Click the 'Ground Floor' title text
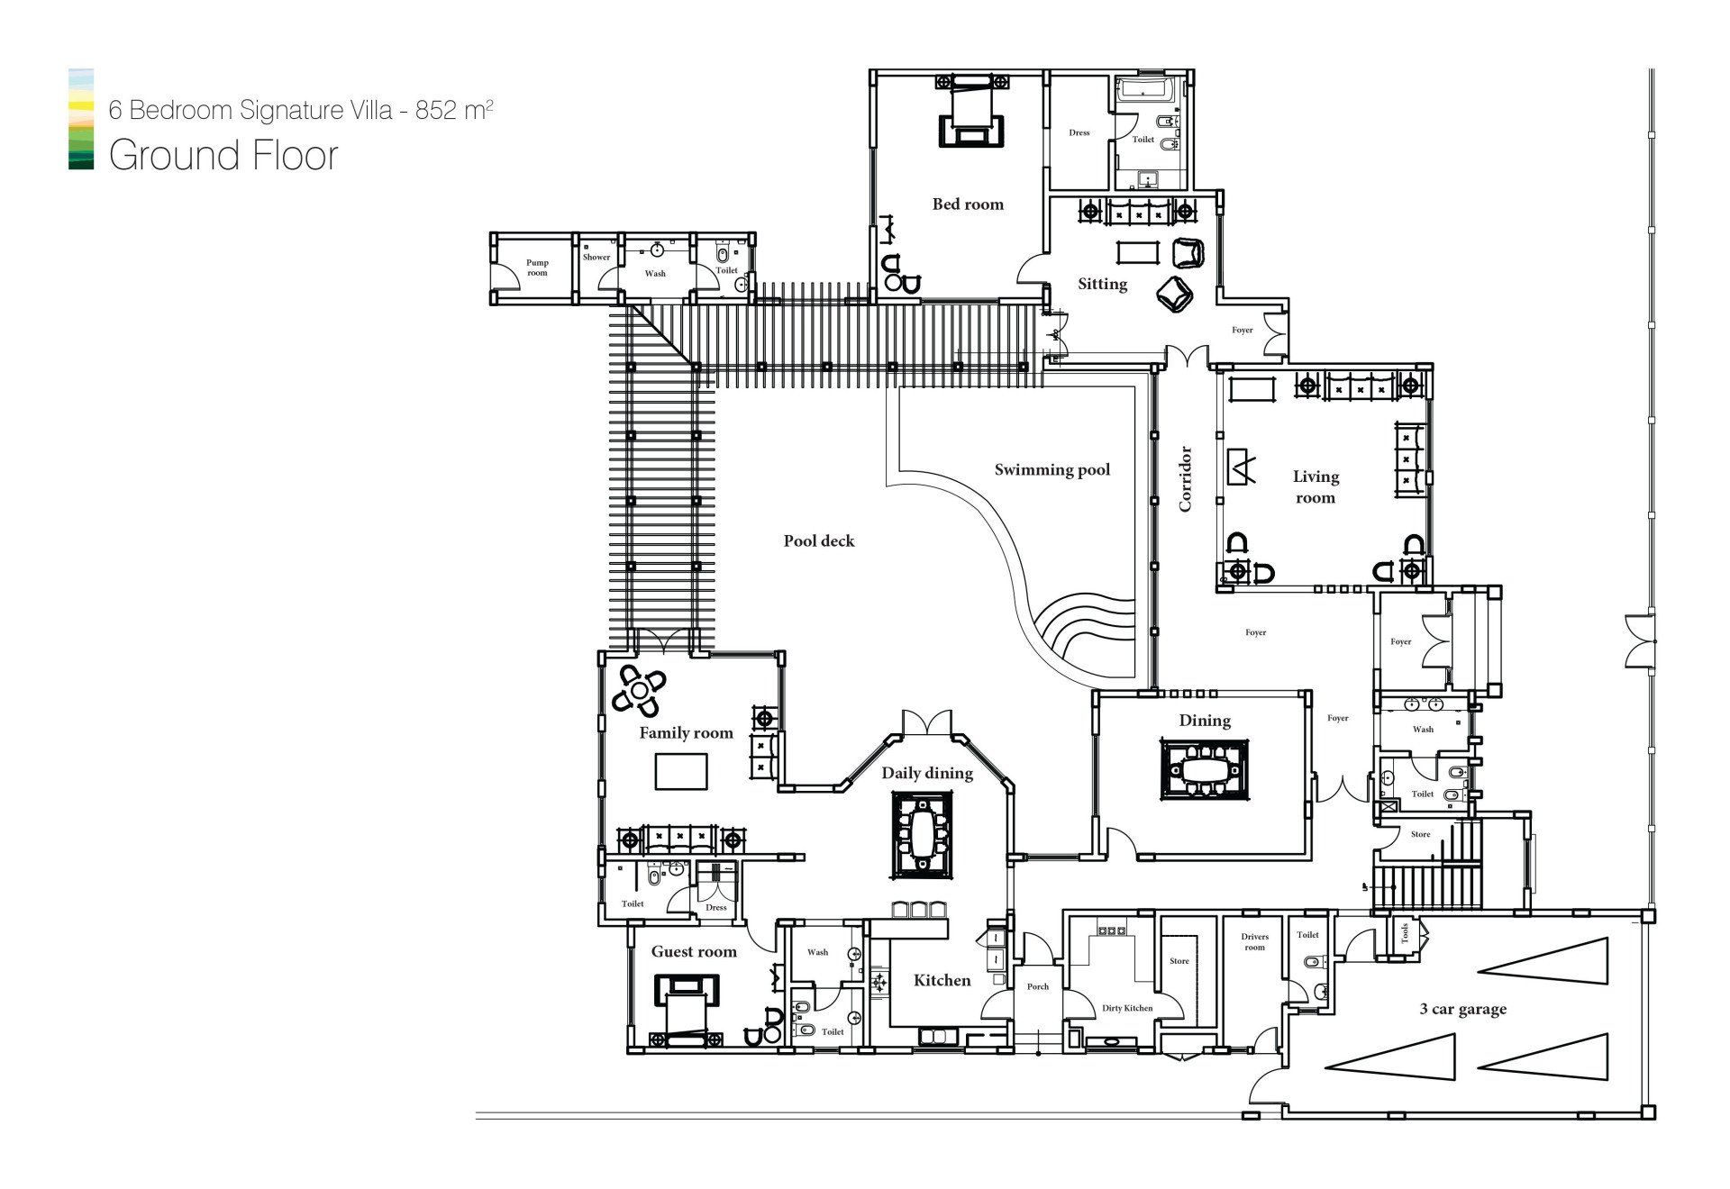click(x=223, y=155)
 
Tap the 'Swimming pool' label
click(x=1052, y=469)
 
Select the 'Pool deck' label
click(x=818, y=540)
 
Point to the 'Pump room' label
click(x=537, y=268)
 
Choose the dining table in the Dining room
click(x=1204, y=769)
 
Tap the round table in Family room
click(x=639, y=692)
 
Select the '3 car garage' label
click(x=1462, y=1009)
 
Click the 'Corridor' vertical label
click(x=1185, y=478)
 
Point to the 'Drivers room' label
click(x=1254, y=942)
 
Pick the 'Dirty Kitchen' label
click(x=1127, y=1008)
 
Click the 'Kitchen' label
click(x=942, y=980)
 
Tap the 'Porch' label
click(x=1038, y=986)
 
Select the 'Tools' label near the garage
click(x=1404, y=931)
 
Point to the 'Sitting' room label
click(x=1102, y=284)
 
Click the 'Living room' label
click(x=1316, y=486)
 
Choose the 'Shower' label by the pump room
click(x=596, y=257)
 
